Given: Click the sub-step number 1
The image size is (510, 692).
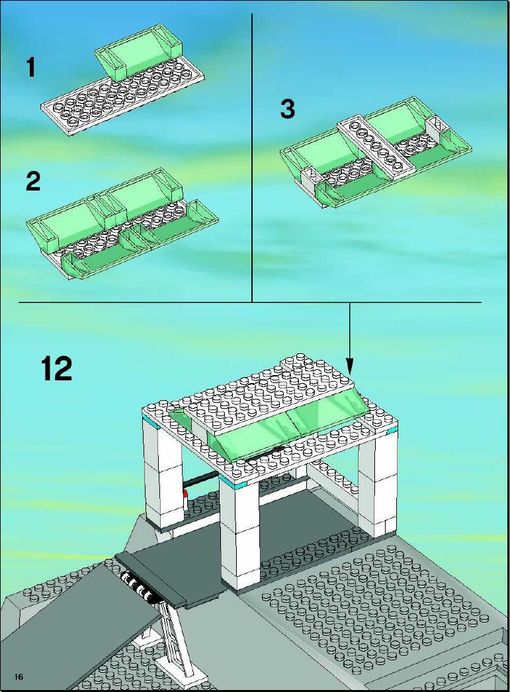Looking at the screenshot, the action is (x=30, y=68).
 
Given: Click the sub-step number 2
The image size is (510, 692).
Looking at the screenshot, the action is (x=33, y=181).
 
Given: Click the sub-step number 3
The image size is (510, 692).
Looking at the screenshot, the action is (x=288, y=109).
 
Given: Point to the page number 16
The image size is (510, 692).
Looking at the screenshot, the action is (x=19, y=677).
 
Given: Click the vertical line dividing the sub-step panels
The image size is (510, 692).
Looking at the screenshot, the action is (x=252, y=157).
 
